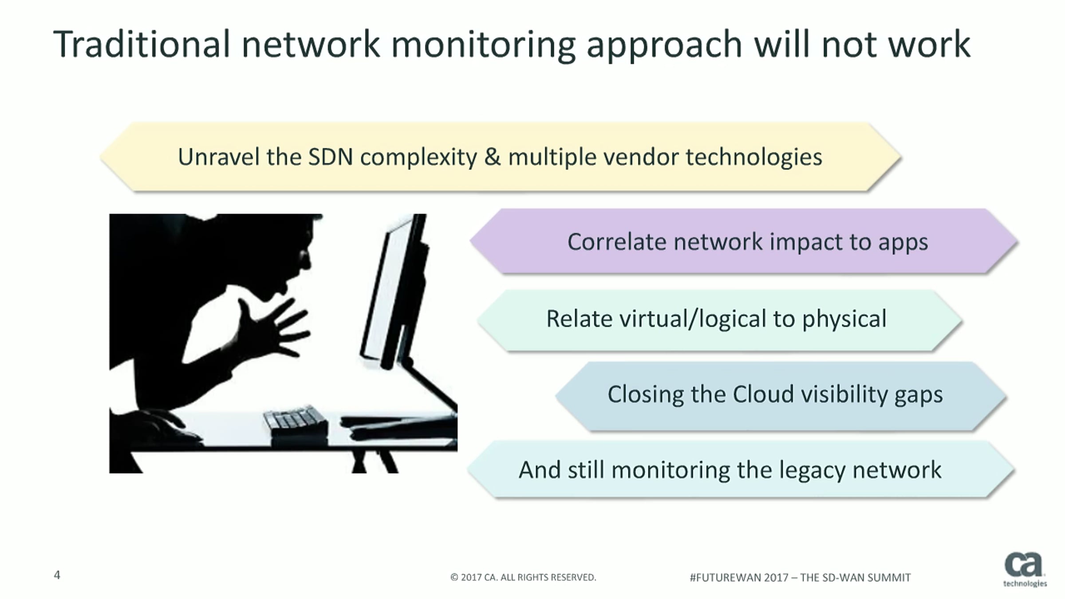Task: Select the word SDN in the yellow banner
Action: pos(331,157)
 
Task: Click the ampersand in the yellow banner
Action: pos(492,157)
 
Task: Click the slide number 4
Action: pos(57,575)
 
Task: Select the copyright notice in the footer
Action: pos(523,577)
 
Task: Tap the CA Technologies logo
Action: pos(1024,570)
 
